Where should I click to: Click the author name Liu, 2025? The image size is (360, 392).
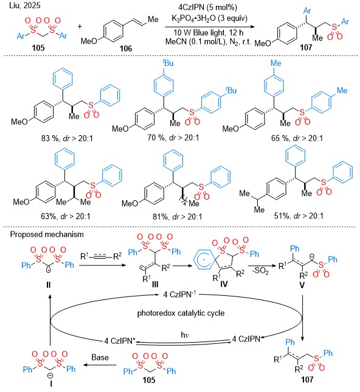(25, 5)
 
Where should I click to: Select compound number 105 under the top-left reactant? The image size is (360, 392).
(38, 47)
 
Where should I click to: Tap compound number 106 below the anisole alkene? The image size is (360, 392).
(126, 48)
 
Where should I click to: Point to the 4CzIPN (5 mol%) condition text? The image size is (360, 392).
(207, 7)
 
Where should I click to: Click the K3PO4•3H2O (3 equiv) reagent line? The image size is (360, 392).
(209, 18)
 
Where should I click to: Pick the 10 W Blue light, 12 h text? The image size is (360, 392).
(209, 32)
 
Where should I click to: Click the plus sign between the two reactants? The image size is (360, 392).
(80, 26)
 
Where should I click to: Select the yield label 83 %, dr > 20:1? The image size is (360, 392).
(67, 138)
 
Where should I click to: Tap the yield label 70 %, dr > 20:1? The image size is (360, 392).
(173, 138)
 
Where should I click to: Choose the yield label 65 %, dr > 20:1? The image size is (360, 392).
(297, 138)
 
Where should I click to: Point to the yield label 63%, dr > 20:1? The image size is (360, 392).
(66, 216)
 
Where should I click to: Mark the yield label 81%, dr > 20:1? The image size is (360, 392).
(178, 217)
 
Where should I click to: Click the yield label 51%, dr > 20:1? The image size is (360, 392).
(299, 215)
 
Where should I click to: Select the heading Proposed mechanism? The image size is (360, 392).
(47, 234)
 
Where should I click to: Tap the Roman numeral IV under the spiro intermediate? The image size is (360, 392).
(224, 284)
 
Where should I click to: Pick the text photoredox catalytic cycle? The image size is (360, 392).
(181, 313)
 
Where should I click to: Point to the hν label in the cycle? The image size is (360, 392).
(185, 335)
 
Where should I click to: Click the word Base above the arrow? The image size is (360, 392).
(100, 357)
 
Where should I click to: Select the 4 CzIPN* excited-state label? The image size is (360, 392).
(120, 341)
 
